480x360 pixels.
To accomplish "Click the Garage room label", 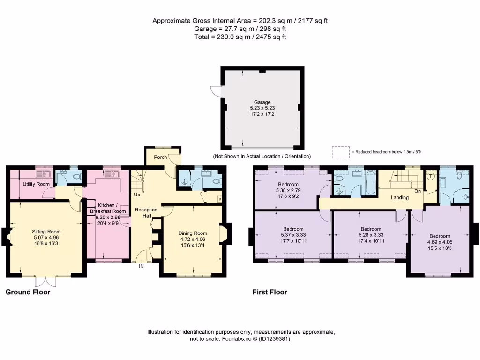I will (x=262, y=102).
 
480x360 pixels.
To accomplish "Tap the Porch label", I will (x=160, y=157).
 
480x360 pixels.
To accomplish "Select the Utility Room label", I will (x=36, y=184).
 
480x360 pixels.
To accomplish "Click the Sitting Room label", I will (x=46, y=232).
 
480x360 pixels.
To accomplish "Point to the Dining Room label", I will (x=193, y=233).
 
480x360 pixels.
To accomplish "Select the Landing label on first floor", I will (x=400, y=197).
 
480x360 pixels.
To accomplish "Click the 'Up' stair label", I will (x=137, y=194).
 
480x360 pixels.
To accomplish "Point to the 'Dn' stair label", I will (x=417, y=191).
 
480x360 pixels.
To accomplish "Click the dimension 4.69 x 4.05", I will (x=439, y=242).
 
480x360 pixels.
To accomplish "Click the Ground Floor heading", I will (x=28, y=292).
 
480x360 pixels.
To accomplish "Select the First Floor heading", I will (x=270, y=292).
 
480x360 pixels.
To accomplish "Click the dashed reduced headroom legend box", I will (x=340, y=152).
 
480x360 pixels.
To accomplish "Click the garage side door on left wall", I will (x=216, y=91).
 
